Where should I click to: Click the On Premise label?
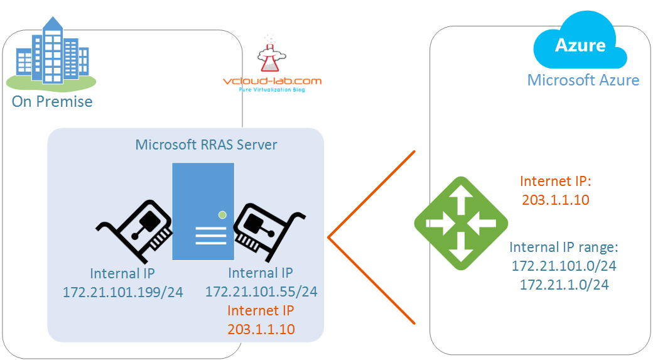tap(52, 102)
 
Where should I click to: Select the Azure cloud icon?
tap(580, 46)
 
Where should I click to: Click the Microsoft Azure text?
tap(583, 80)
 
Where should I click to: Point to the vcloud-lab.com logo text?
tap(273, 81)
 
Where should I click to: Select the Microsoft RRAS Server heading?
tap(206, 145)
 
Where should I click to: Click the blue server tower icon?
tap(203, 211)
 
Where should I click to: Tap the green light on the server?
tap(222, 215)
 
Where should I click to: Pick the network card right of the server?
tap(269, 229)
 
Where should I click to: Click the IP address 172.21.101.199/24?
tap(122, 292)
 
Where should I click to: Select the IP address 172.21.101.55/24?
tap(261, 292)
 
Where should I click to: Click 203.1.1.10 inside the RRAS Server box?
tap(261, 329)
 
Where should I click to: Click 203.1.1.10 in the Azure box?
tap(556, 199)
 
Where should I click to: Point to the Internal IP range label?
tap(564, 246)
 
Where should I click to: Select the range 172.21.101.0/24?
tap(564, 266)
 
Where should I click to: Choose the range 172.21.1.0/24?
tap(564, 285)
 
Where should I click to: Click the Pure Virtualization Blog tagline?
tap(273, 90)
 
